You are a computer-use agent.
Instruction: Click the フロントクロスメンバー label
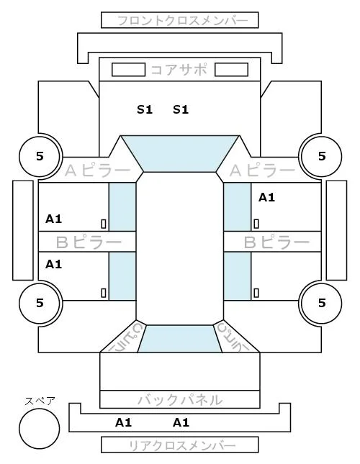pyautogui.click(x=182, y=21)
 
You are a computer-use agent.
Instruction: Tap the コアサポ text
pyautogui.click(x=179, y=70)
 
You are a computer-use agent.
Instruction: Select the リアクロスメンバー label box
pyautogui.click(x=180, y=445)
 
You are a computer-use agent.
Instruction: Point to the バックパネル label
pyautogui.click(x=180, y=400)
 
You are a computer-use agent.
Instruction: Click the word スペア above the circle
pyautogui.click(x=40, y=401)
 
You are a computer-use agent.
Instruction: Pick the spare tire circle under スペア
pyautogui.click(x=40, y=429)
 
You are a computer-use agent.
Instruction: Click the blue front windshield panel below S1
pyautogui.click(x=180, y=153)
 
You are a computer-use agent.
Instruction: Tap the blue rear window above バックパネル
pyautogui.click(x=180, y=339)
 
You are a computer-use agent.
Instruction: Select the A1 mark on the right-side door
pyautogui.click(x=266, y=197)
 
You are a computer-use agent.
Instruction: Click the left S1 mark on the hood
pyautogui.click(x=145, y=110)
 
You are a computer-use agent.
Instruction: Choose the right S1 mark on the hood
pyautogui.click(x=181, y=110)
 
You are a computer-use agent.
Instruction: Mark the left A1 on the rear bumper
pyautogui.click(x=123, y=422)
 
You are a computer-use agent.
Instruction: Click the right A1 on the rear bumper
pyautogui.click(x=181, y=422)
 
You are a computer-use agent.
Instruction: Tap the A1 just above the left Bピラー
pyautogui.click(x=53, y=219)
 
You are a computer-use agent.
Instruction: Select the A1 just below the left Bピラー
pyautogui.click(x=53, y=264)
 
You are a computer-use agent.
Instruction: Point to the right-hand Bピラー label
pyautogui.click(x=276, y=242)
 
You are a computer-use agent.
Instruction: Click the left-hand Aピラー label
pyautogui.click(x=97, y=170)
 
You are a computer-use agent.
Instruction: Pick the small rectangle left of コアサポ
pyautogui.click(x=128, y=70)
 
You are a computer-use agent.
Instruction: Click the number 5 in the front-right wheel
pyautogui.click(x=322, y=156)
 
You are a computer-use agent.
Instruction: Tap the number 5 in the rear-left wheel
pyautogui.click(x=40, y=303)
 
